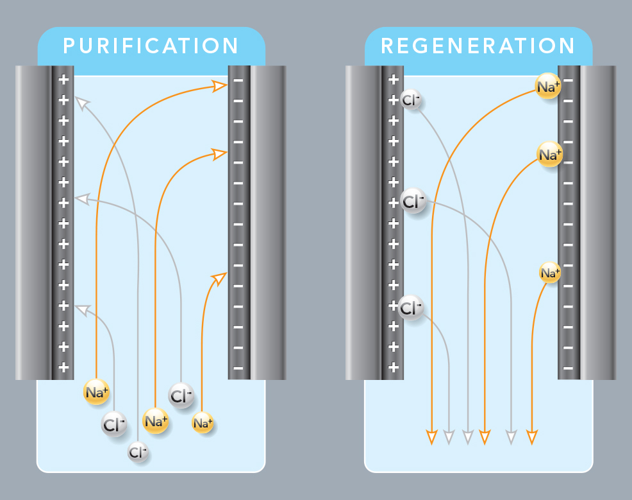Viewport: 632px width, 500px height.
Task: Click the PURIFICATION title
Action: click(x=151, y=46)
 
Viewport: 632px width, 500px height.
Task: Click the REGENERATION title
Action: click(x=478, y=46)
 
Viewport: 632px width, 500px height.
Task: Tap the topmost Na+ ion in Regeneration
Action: click(x=548, y=87)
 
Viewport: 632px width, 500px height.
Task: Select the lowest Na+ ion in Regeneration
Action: click(x=549, y=273)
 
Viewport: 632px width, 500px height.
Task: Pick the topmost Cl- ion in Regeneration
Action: click(x=410, y=100)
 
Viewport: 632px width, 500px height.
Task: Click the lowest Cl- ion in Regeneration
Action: click(x=411, y=309)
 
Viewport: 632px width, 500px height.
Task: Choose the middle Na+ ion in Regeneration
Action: click(x=549, y=155)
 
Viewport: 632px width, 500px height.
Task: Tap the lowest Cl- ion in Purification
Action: click(x=138, y=453)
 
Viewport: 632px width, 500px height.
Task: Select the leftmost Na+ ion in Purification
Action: click(x=96, y=392)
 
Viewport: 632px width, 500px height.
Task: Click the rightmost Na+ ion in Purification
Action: click(x=203, y=423)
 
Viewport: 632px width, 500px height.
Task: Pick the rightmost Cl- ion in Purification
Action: click(x=181, y=395)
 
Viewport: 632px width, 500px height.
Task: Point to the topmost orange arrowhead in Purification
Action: click(x=220, y=85)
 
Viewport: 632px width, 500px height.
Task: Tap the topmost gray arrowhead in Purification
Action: click(x=81, y=100)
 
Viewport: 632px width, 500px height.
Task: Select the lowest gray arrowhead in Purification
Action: click(x=81, y=309)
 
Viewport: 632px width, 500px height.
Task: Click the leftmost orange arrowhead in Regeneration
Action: click(x=431, y=437)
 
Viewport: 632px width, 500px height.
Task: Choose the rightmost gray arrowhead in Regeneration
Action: click(x=511, y=437)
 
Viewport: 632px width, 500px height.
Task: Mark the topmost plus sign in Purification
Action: click(x=63, y=80)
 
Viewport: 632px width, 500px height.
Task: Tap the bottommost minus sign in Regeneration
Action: click(x=567, y=368)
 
